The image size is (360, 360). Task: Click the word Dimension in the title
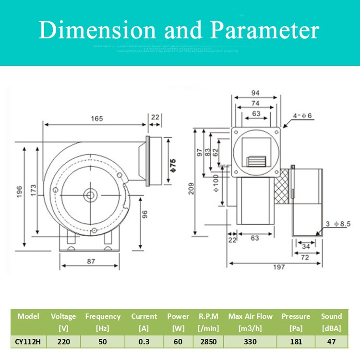tap(98, 31)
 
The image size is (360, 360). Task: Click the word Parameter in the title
tap(265, 31)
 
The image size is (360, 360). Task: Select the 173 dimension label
tap(33, 190)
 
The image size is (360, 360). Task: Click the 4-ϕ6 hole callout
tap(303, 116)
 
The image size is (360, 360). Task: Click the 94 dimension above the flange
tap(255, 93)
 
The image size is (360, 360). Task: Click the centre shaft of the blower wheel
tap(89, 194)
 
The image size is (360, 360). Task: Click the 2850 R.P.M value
tap(208, 341)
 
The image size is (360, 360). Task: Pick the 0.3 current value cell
tap(144, 341)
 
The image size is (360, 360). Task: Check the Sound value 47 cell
tap(331, 341)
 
